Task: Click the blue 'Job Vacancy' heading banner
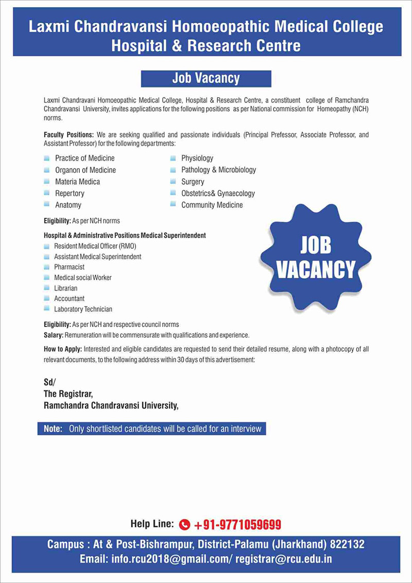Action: pyautogui.click(x=206, y=78)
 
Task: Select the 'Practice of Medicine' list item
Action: pyautogui.click(x=84, y=158)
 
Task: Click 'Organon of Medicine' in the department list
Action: pyautogui.click(x=85, y=170)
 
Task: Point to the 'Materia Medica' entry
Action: pyautogui.click(x=77, y=182)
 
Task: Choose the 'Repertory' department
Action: pyautogui.click(x=70, y=194)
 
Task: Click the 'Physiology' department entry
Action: pyautogui.click(x=197, y=158)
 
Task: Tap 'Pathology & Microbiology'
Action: pyautogui.click(x=218, y=170)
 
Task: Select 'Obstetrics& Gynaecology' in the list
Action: pyautogui.click(x=218, y=194)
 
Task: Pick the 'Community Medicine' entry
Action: pyautogui.click(x=212, y=205)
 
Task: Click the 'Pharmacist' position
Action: pyautogui.click(x=69, y=267)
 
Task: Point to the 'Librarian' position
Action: pyautogui.click(x=65, y=288)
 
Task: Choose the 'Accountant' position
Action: pyautogui.click(x=69, y=299)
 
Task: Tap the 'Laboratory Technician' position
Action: pyautogui.click(x=83, y=310)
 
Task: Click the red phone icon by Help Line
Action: pyautogui.click(x=185, y=525)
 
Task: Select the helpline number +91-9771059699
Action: pyautogui.click(x=237, y=525)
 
